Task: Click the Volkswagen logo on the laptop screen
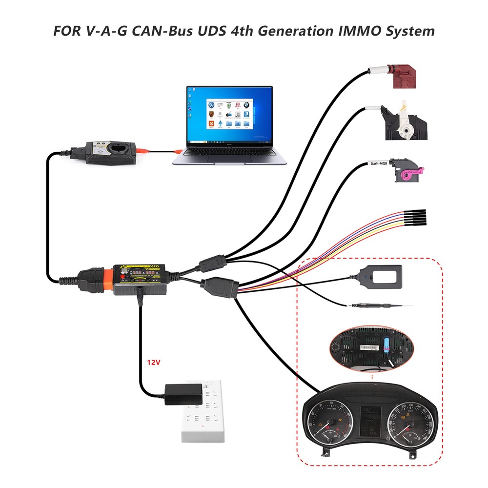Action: pyautogui.click(x=211, y=105)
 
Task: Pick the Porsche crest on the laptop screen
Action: pyautogui.click(x=211, y=116)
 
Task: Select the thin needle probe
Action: pyautogui.click(x=381, y=305)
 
